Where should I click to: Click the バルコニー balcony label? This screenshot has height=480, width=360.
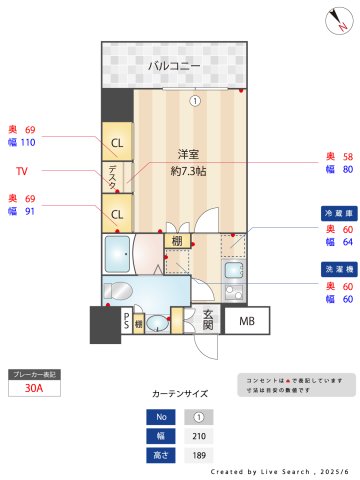coord(174,66)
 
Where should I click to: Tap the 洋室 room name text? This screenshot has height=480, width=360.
coord(187,154)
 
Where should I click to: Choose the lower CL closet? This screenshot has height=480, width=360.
coord(117,213)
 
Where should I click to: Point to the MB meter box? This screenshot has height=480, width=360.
coord(245,321)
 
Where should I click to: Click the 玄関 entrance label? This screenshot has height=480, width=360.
coord(207,320)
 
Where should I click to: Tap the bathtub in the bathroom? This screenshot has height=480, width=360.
coord(118,253)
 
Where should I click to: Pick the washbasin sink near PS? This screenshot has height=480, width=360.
coord(158,323)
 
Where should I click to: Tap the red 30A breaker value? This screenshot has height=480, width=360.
coord(33,390)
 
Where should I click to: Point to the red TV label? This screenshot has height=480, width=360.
coord(21,172)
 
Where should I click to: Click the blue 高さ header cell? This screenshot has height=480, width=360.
coord(158,455)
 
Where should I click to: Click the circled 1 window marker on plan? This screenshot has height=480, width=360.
coord(196,100)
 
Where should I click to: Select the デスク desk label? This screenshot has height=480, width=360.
coord(112,177)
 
